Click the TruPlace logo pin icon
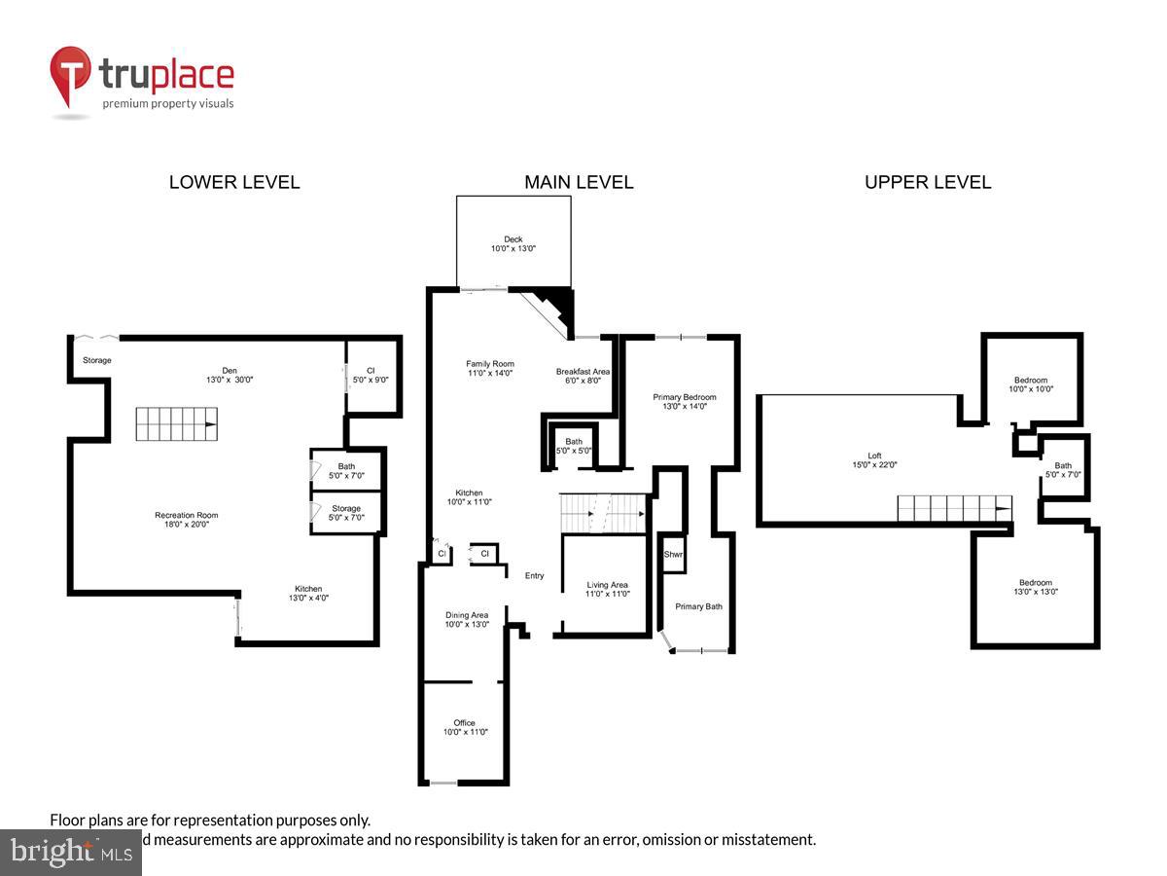coord(70,76)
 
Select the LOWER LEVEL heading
coord(234,182)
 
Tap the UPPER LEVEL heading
coord(928,182)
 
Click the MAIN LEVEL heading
coord(579,182)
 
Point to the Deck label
coord(513,239)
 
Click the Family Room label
coord(489,364)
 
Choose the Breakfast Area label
coord(583,372)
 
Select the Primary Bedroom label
coord(685,397)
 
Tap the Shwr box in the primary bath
coord(673,554)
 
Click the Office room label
coord(465,722)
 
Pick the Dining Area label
coord(467,615)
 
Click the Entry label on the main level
coord(535,575)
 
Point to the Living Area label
coord(608,585)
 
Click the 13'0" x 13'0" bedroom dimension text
coord(1036,592)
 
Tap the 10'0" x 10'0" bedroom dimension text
coord(1032,389)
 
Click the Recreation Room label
coord(187,515)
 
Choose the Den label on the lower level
coord(230,370)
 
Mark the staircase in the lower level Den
coord(177,424)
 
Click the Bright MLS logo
coord(70,852)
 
